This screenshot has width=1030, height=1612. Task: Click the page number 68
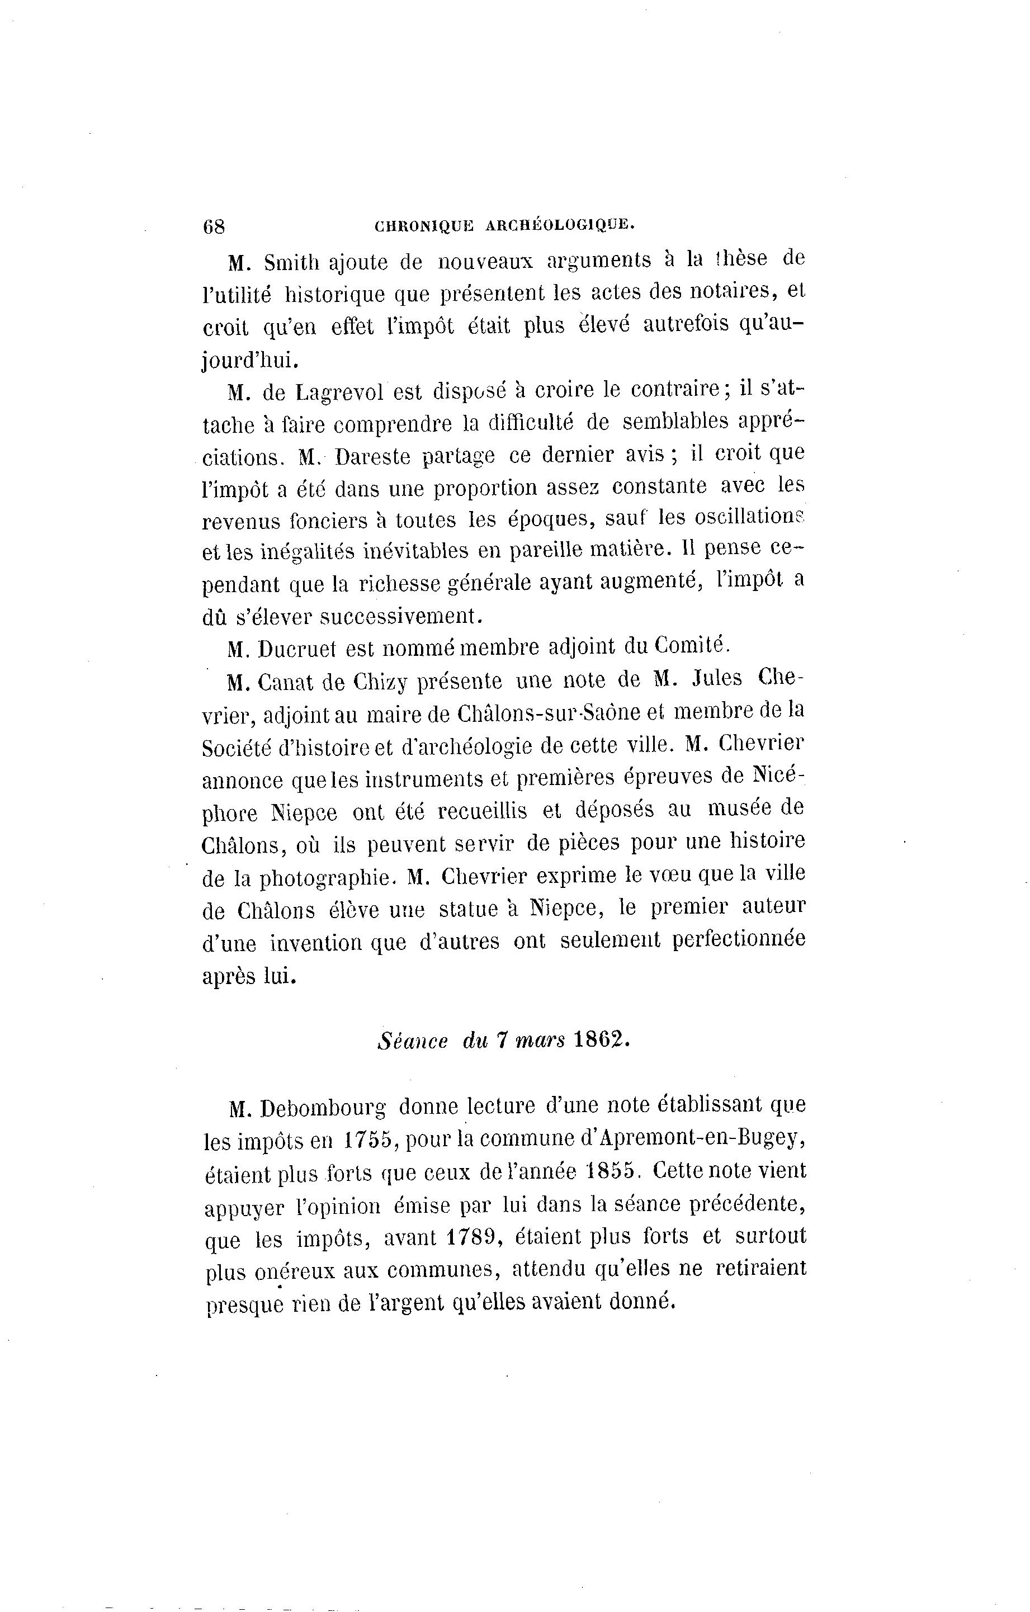pyautogui.click(x=214, y=226)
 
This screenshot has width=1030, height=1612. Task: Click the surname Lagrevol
pyautogui.click(x=339, y=391)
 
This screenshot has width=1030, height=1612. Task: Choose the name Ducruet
pyautogui.click(x=302, y=649)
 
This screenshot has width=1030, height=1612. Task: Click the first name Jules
pyautogui.click(x=717, y=679)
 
